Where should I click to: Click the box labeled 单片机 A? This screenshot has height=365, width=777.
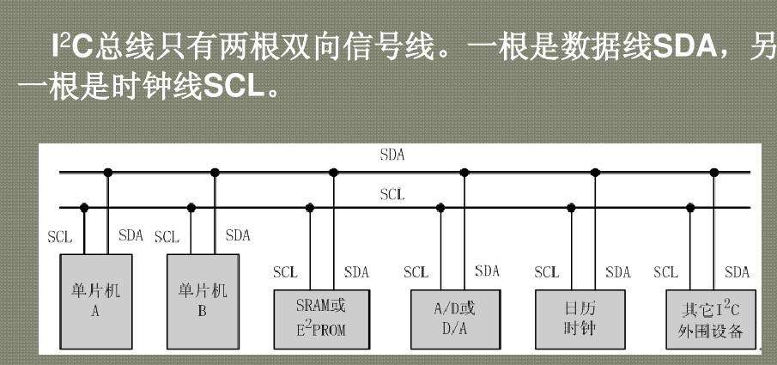click(x=96, y=301)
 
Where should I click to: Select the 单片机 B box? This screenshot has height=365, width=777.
click(x=203, y=301)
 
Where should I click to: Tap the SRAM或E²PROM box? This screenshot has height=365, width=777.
click(x=322, y=319)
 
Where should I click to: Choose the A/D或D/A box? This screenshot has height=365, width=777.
click(x=455, y=319)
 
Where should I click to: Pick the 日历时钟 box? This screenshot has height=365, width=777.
click(x=580, y=319)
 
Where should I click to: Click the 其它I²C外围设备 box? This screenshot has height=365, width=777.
click(x=711, y=319)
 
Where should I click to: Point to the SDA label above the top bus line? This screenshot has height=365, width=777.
click(x=392, y=155)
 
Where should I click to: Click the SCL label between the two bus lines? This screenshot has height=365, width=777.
click(x=392, y=194)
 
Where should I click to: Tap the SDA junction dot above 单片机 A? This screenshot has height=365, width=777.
click(x=108, y=173)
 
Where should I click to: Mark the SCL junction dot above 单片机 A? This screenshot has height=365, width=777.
click(x=84, y=208)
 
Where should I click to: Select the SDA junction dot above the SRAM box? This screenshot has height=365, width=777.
click(x=333, y=173)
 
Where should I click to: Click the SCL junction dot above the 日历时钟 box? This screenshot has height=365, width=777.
click(x=571, y=208)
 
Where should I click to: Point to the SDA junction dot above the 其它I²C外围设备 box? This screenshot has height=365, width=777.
click(x=714, y=173)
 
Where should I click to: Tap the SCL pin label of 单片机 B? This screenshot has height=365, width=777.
click(x=167, y=236)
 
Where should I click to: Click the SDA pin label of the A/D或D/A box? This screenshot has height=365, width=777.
click(x=487, y=271)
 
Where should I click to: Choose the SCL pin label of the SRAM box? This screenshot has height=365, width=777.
click(x=285, y=272)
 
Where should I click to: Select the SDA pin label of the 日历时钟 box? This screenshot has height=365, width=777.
click(x=618, y=272)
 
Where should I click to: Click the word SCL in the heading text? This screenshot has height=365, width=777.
click(x=234, y=88)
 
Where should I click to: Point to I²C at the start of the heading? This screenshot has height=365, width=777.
click(x=72, y=47)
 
